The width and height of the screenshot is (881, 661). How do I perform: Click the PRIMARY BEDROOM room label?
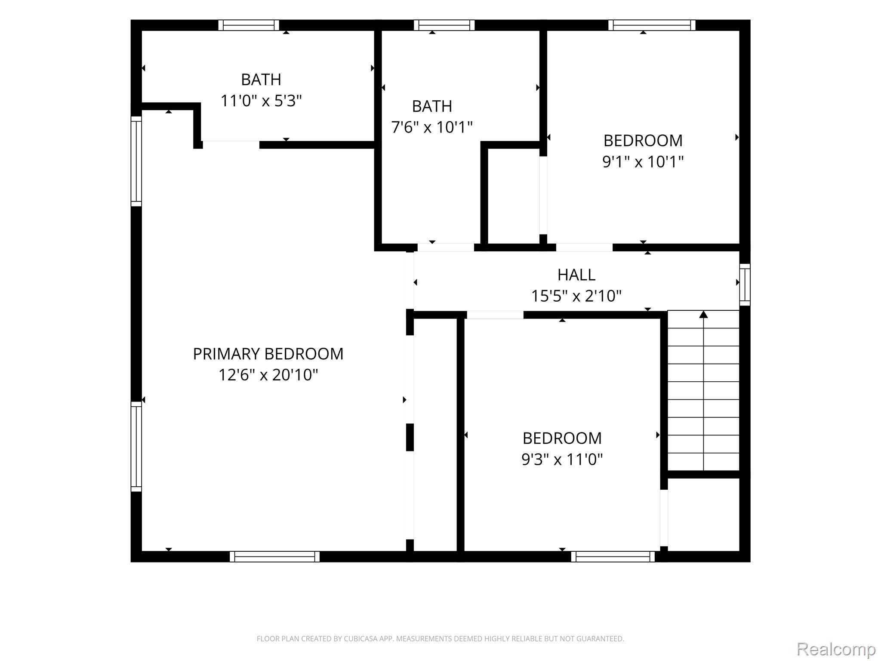[268, 354]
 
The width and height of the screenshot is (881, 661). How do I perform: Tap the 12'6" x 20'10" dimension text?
[268, 375]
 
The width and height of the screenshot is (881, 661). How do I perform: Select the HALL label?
[576, 275]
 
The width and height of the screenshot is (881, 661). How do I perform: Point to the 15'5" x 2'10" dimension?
[576, 296]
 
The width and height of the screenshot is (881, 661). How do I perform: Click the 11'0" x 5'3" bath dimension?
[261, 101]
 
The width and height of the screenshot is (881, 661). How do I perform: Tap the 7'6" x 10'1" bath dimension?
[432, 127]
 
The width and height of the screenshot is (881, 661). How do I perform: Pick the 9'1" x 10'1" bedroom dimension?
[643, 162]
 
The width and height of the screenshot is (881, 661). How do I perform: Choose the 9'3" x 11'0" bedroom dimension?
[562, 460]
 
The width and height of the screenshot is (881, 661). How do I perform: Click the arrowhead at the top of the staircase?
[703, 314]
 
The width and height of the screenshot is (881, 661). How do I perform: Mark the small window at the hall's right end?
[745, 284]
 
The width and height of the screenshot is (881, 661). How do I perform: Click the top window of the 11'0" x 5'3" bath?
[249, 25]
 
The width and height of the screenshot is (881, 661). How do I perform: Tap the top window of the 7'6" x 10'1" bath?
[444, 25]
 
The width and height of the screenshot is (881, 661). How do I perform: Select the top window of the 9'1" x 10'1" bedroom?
[652, 25]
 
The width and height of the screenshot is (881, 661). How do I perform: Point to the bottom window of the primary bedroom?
[274, 556]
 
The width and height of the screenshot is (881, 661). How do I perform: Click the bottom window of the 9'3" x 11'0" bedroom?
[613, 556]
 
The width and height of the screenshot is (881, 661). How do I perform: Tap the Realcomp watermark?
[836, 649]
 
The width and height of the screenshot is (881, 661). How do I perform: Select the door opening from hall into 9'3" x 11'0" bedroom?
[495, 315]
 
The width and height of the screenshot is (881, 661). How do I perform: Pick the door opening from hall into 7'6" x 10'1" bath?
[446, 247]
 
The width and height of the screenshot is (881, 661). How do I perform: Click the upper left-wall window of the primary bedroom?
[136, 161]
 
